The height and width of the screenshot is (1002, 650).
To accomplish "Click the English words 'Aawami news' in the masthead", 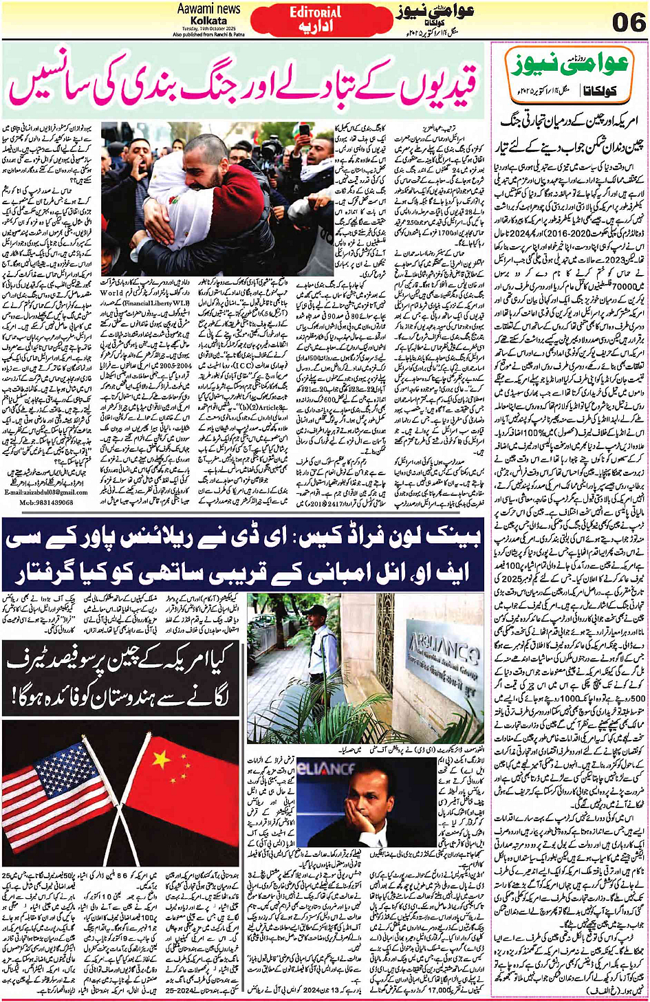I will tap(208, 9).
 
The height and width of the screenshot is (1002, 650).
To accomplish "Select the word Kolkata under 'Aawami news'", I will tap(208, 21).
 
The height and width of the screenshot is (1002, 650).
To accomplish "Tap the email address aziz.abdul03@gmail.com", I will tap(46, 492).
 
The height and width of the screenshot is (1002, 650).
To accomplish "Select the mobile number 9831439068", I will tap(46, 502).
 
